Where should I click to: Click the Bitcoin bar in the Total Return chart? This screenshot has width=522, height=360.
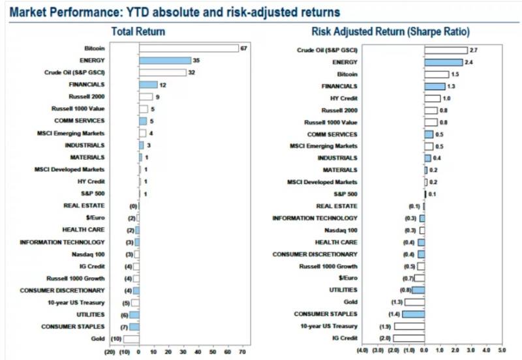pyautogui.click(x=189, y=48)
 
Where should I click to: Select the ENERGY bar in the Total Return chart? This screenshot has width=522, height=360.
pyautogui.click(x=164, y=60)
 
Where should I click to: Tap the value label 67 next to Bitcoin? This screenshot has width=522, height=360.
pyautogui.click(x=244, y=48)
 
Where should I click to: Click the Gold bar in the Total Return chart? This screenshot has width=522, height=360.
pyautogui.click(x=131, y=339)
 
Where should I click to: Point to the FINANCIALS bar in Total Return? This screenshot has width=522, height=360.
pyautogui.click(x=148, y=85)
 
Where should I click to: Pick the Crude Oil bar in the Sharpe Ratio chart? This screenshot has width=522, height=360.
pyautogui.click(x=446, y=50)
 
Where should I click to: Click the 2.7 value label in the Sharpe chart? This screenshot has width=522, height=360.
pyautogui.click(x=473, y=50)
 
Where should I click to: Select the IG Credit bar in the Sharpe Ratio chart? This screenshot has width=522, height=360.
pyautogui.click(x=408, y=338)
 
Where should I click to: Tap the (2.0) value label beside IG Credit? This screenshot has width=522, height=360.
pyautogui.click(x=385, y=338)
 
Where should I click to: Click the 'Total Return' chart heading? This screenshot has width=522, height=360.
pyautogui.click(x=138, y=31)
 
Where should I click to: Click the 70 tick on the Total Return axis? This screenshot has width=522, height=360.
pyautogui.click(x=243, y=352)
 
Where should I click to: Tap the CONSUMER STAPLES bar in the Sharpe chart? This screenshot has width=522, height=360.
pyautogui.click(x=413, y=314)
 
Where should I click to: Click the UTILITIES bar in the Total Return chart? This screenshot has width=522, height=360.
pyautogui.click(x=134, y=315)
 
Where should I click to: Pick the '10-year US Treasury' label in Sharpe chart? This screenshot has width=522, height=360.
pyautogui.click(x=329, y=326)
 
